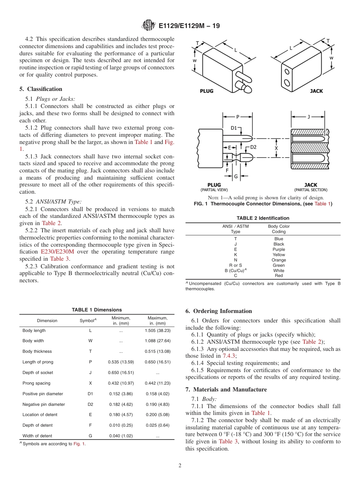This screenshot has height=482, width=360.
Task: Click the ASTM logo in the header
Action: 148,26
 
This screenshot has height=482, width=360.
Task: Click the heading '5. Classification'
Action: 41,89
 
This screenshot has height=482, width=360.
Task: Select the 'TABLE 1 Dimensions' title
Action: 97,310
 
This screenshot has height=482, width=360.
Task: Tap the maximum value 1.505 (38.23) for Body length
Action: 157,330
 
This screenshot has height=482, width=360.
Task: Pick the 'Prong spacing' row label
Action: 36,383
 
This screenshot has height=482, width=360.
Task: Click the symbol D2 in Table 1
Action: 90,404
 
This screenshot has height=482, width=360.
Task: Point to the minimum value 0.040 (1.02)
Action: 121,436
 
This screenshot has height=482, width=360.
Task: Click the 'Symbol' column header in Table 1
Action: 88,321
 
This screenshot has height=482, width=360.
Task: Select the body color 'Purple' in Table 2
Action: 279,249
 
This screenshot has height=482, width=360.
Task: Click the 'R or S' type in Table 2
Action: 235,265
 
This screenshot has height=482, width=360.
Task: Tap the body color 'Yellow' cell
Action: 279,255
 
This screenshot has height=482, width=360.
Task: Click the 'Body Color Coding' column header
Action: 279,229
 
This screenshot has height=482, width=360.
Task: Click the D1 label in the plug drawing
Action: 233,128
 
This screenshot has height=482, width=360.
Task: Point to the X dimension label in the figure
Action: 276,148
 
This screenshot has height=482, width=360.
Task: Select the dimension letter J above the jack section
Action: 308,117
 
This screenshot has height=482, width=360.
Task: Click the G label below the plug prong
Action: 235,176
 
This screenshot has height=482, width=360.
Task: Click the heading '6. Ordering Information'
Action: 219,311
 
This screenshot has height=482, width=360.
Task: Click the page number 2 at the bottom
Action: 180,466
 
